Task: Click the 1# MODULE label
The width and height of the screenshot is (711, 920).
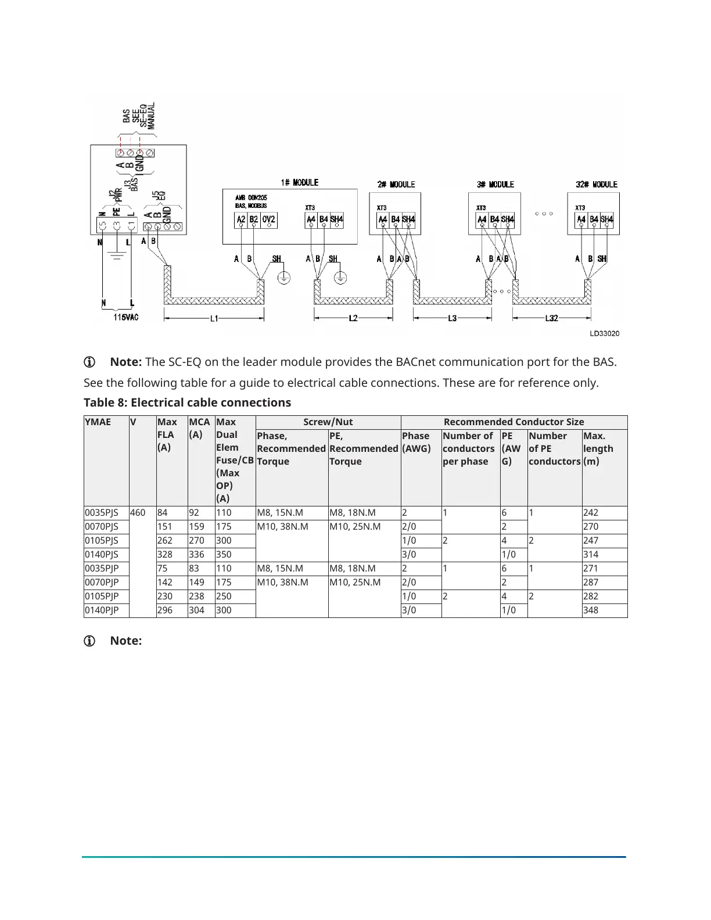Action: tap(299, 182)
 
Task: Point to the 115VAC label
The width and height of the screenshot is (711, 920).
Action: tap(126, 317)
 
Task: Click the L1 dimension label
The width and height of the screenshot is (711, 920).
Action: tap(214, 318)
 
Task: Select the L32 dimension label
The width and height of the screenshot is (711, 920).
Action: tap(552, 318)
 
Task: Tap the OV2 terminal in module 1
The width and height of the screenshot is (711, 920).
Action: tap(268, 220)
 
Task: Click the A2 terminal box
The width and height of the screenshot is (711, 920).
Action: tap(241, 220)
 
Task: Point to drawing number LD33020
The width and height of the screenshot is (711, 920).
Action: tap(604, 333)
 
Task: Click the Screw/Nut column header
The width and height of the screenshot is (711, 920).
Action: tap(328, 422)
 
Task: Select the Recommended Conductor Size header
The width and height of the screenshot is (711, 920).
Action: tap(513, 422)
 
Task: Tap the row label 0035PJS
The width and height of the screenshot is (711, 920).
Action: tap(102, 513)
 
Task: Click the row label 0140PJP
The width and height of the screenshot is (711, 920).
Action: tap(102, 610)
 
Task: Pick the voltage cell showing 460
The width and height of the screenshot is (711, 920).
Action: tap(138, 513)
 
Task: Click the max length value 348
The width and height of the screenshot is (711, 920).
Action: tap(591, 610)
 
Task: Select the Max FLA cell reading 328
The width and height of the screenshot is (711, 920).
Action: tap(165, 555)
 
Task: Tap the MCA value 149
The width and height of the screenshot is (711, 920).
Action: tap(196, 583)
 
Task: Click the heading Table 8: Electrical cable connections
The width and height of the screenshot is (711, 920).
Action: tap(187, 402)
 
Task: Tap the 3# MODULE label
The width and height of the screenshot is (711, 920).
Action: tap(495, 184)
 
